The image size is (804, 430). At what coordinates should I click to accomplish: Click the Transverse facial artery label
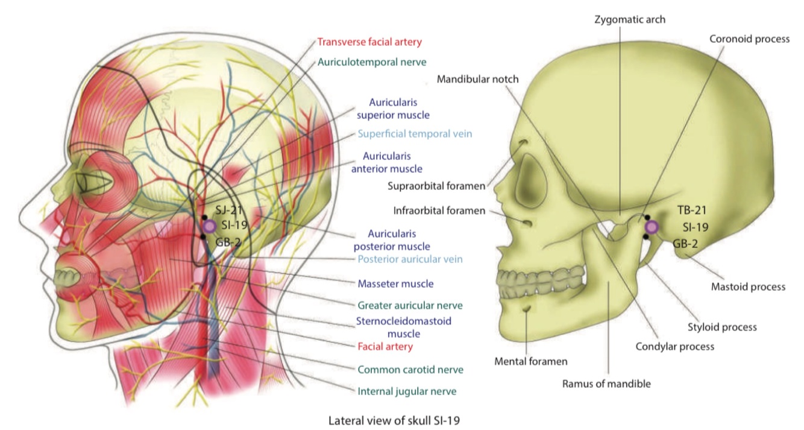[369, 42]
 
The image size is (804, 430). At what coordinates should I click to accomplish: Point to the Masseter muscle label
[395, 283]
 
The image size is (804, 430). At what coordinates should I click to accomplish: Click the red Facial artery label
[385, 347]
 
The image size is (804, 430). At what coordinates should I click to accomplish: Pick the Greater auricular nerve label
[401, 306]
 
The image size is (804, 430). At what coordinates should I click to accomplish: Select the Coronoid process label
[749, 39]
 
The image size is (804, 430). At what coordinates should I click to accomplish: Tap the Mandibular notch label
[478, 79]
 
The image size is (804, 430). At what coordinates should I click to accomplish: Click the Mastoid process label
[748, 286]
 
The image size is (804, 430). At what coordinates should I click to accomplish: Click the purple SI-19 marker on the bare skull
[651, 227]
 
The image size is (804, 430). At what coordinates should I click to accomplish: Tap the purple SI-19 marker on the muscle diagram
[209, 226]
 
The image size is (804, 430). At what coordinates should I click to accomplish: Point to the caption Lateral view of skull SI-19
[394, 420]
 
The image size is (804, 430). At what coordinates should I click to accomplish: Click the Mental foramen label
[531, 362]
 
